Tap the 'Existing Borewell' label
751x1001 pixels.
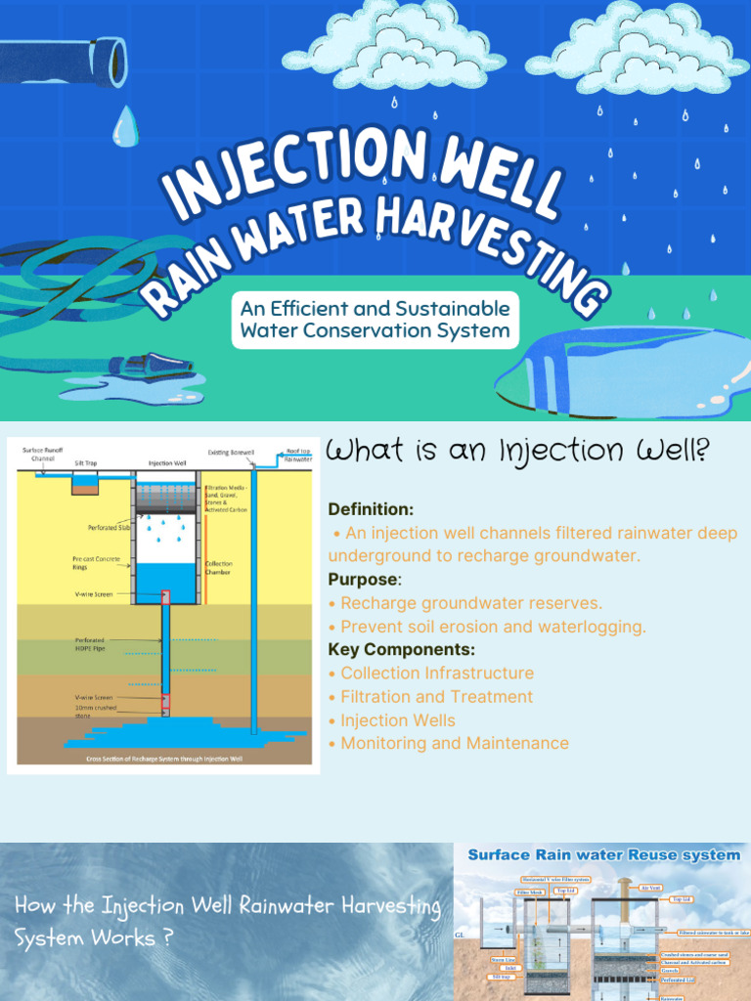[x=231, y=453]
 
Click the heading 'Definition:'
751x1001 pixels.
[x=371, y=509]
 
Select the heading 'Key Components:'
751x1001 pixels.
[x=402, y=650]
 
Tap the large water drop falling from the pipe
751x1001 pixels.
[x=125, y=126]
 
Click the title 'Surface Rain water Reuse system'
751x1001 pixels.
[x=603, y=855]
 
